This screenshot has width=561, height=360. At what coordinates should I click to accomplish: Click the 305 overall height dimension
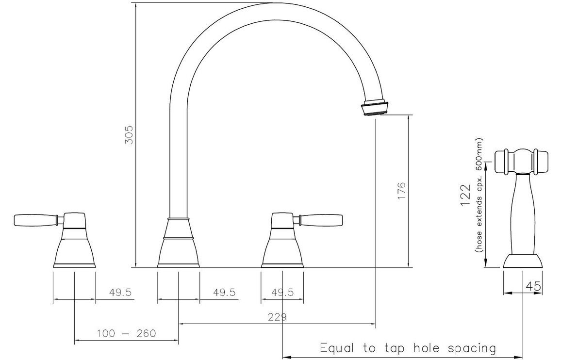129,134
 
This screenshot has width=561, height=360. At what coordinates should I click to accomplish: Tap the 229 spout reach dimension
277,317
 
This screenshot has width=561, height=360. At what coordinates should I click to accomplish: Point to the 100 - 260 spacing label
127,333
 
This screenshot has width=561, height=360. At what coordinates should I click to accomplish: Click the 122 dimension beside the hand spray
465,196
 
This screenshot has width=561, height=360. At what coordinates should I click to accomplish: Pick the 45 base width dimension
533,286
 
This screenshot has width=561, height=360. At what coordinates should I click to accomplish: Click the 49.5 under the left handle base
120,293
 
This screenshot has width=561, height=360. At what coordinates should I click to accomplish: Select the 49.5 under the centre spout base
224,293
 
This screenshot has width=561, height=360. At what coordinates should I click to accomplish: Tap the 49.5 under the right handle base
282,293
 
